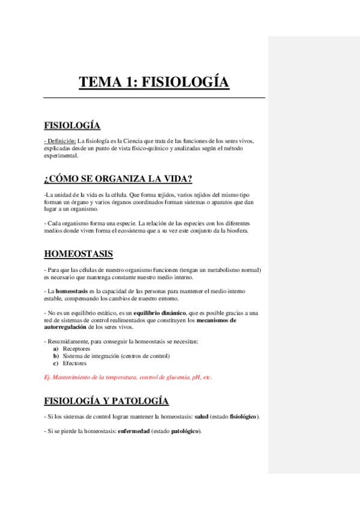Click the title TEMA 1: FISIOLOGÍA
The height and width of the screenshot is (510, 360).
click(154, 82)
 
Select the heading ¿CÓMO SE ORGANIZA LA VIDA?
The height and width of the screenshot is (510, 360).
click(118, 179)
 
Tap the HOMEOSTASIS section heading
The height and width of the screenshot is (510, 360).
click(79, 254)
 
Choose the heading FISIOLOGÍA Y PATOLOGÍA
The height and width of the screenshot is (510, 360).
click(106, 401)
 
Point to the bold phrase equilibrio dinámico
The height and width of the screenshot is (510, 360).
click(160, 313)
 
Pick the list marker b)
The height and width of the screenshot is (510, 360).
click(56, 356)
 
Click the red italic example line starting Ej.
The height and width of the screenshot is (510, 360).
click(128, 378)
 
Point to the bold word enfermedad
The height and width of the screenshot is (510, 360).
click(133, 431)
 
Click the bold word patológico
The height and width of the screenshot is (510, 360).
click(186, 431)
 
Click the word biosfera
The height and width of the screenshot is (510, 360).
click(234, 231)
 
